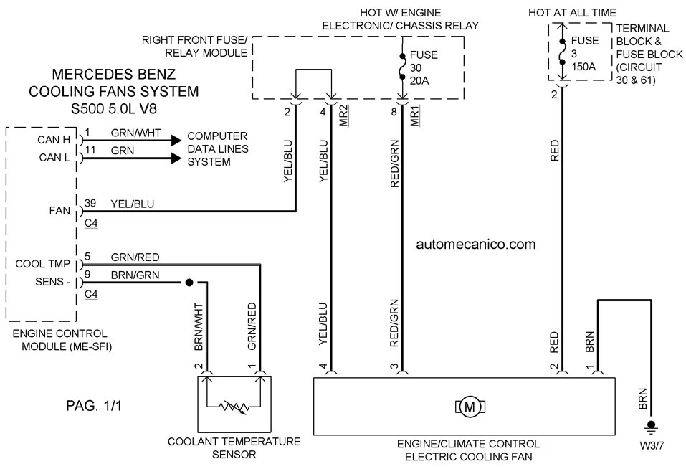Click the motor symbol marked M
pyautogui.click(x=470, y=407)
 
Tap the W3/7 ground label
pyautogui.click(x=652, y=446)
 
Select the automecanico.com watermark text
pyautogui.click(x=475, y=244)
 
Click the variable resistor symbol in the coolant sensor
pyautogui.click(x=234, y=407)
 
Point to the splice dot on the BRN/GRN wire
pyautogui.click(x=189, y=283)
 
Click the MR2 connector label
pyautogui.click(x=344, y=116)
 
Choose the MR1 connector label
pyautogui.click(x=415, y=116)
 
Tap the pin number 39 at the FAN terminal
pyautogui.click(x=90, y=203)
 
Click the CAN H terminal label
pyautogui.click(x=54, y=140)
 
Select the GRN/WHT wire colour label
pyautogui.click(x=135, y=133)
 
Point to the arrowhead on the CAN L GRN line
pyautogui.click(x=176, y=158)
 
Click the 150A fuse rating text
pyautogui.click(x=583, y=67)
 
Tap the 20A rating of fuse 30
pyautogui.click(x=419, y=81)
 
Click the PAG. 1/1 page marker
pyautogui.click(x=94, y=406)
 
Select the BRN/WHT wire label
pyautogui.click(x=199, y=327)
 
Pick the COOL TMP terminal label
pyautogui.click(x=43, y=264)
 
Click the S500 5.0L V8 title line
pyautogui.click(x=114, y=108)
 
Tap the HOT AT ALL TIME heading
pyautogui.click(x=572, y=13)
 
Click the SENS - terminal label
pyautogui.click(x=53, y=282)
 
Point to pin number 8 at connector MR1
pyautogui.click(x=394, y=112)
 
